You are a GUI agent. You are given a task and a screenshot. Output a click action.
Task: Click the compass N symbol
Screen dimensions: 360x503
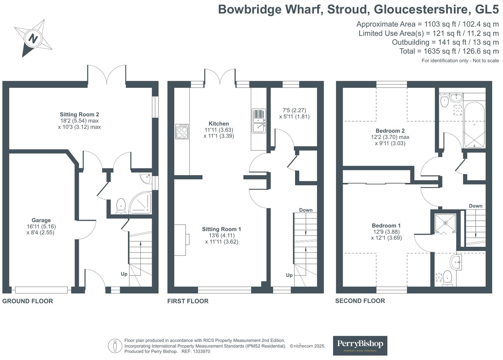33,38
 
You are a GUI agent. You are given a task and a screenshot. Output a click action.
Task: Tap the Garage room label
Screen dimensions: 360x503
41,220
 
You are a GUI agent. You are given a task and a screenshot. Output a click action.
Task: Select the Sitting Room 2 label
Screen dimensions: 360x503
79,114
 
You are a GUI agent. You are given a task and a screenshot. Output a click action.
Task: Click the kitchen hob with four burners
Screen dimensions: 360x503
182,131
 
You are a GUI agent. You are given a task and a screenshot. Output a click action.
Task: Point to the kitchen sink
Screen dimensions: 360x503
259,121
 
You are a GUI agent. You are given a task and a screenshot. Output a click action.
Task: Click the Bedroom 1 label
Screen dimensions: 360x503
386,226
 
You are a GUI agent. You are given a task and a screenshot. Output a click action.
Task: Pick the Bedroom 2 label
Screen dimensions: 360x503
390,131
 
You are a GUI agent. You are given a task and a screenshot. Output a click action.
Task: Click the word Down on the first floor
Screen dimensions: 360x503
306,210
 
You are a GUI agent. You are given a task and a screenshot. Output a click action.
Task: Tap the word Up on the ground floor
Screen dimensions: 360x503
124,274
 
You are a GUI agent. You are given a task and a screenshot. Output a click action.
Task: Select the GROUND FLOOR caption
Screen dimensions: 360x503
28,301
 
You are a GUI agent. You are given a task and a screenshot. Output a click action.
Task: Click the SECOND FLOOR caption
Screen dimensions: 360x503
360,301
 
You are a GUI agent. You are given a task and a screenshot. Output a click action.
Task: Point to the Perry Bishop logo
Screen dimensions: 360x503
360,345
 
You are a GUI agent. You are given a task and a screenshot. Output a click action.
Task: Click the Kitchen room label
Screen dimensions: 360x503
219,124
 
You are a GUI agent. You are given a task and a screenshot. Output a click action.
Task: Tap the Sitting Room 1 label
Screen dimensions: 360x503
222,229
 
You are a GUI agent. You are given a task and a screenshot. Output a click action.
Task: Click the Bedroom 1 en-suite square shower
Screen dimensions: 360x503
445,223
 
